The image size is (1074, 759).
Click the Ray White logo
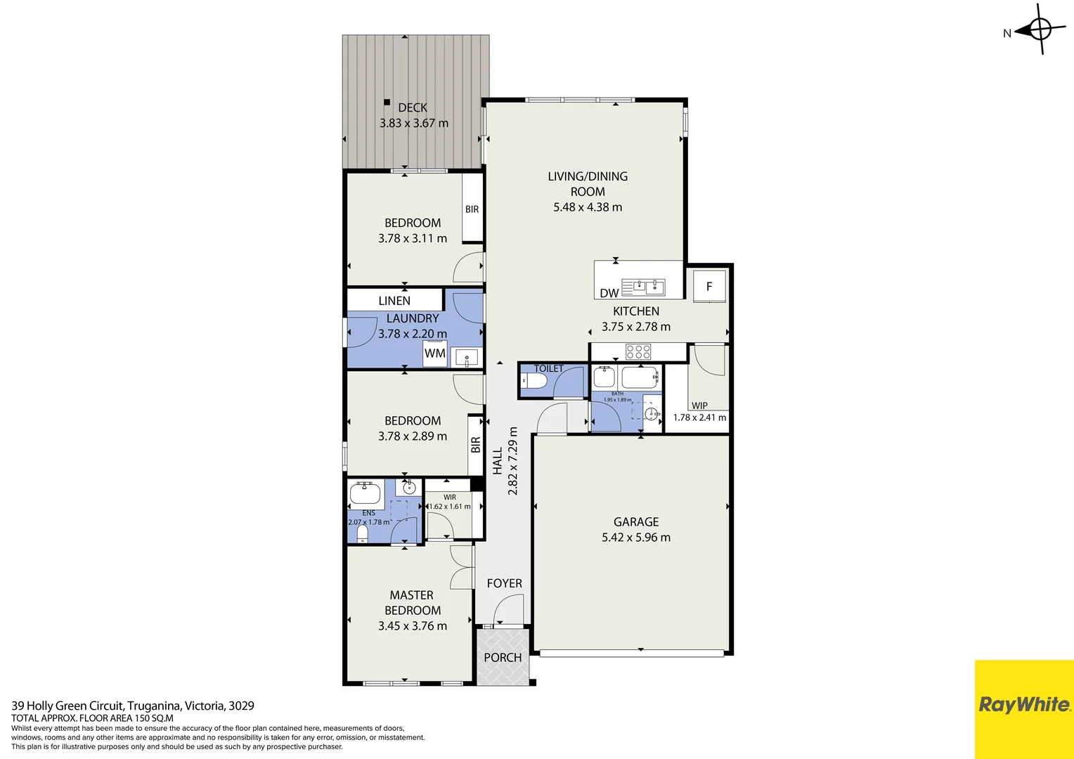pyautogui.click(x=1024, y=705)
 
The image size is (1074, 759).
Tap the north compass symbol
pyautogui.click(x=1040, y=30)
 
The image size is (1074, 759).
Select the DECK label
pyautogui.click(x=413, y=108)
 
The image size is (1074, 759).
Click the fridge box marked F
pyautogui.click(x=709, y=286)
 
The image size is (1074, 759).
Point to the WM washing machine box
pyautogui.click(x=434, y=353)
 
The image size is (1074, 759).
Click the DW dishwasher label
pyautogui.click(x=609, y=293)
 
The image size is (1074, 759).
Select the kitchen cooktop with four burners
pyautogui.click(x=638, y=351)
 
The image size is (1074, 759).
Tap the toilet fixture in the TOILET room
pyautogui.click(x=534, y=381)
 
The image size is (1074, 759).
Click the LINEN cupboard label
pyautogui.click(x=394, y=301)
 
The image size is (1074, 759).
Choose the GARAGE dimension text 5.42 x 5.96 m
pyautogui.click(x=636, y=538)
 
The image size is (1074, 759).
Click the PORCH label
pyautogui.click(x=503, y=658)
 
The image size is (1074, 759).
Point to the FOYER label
pyautogui.click(x=504, y=583)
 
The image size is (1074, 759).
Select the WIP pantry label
pyautogui.click(x=699, y=406)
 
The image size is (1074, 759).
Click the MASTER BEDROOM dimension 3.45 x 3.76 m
pyautogui.click(x=413, y=626)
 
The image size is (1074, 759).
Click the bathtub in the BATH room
pyautogui.click(x=639, y=377)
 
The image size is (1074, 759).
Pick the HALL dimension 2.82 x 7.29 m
pyautogui.click(x=513, y=461)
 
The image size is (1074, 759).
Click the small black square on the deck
pyautogui.click(x=387, y=102)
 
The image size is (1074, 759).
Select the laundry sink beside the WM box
pyautogui.click(x=466, y=358)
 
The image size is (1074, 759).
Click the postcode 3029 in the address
pyautogui.click(x=241, y=706)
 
